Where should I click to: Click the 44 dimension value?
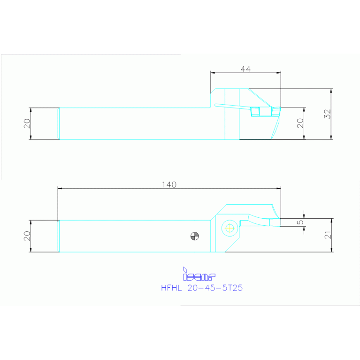click(245, 69)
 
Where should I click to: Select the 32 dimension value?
click(328, 114)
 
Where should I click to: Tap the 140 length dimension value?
click(169, 184)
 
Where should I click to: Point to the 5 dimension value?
click(300, 222)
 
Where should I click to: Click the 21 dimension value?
click(328, 235)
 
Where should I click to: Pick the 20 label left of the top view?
click(27, 123)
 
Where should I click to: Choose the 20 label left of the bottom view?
click(27, 236)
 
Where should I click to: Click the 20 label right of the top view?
click(300, 123)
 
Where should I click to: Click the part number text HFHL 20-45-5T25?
click(202, 288)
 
